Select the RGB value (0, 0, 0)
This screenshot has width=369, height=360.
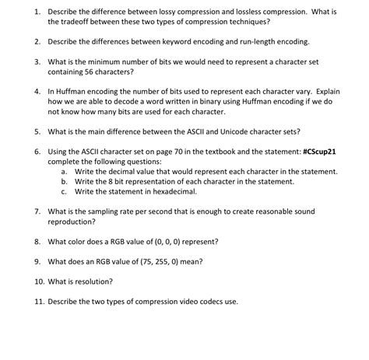[167, 241]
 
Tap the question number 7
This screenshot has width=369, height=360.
[37, 210]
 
